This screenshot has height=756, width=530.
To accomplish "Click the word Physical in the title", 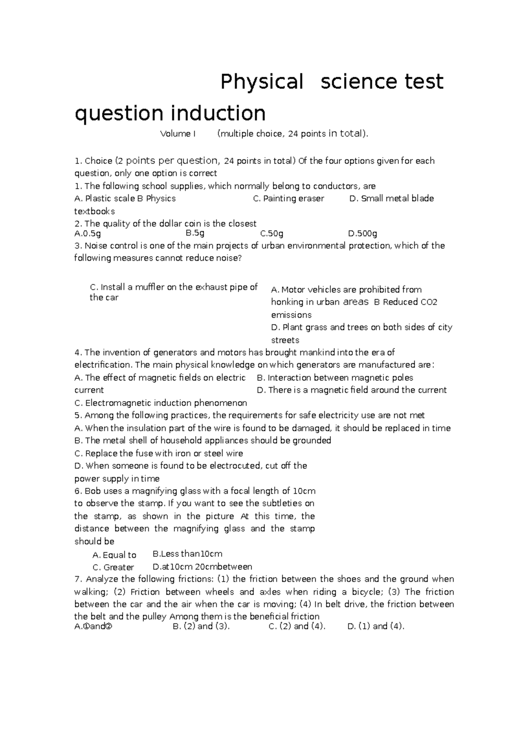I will tap(262, 82).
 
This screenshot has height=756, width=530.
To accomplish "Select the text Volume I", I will tap(178, 134).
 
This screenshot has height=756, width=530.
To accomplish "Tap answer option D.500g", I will tap(362, 233).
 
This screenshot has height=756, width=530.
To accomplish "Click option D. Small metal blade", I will tap(391, 198).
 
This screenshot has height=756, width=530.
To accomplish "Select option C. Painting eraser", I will tap(288, 198).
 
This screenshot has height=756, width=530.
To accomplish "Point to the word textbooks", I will tap(95, 211).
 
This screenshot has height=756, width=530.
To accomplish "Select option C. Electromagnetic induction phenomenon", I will tap(161, 403).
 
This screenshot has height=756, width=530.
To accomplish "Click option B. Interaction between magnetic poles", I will tap(335, 378).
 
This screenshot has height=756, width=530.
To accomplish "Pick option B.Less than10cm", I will tap(187, 554).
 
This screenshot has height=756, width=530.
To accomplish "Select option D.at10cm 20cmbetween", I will tap(202, 567).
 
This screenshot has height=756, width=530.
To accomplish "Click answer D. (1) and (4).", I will tap(376, 626).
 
